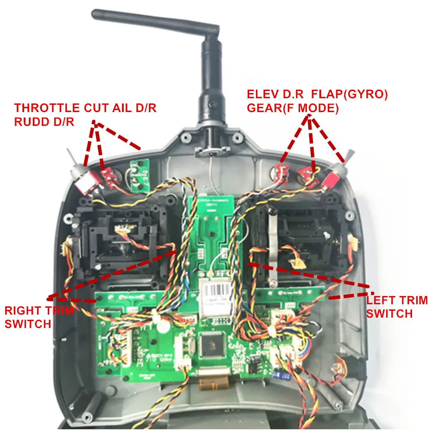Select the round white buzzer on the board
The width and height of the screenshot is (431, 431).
click(163, 326)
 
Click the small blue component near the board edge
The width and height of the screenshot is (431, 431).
click(284, 376)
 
